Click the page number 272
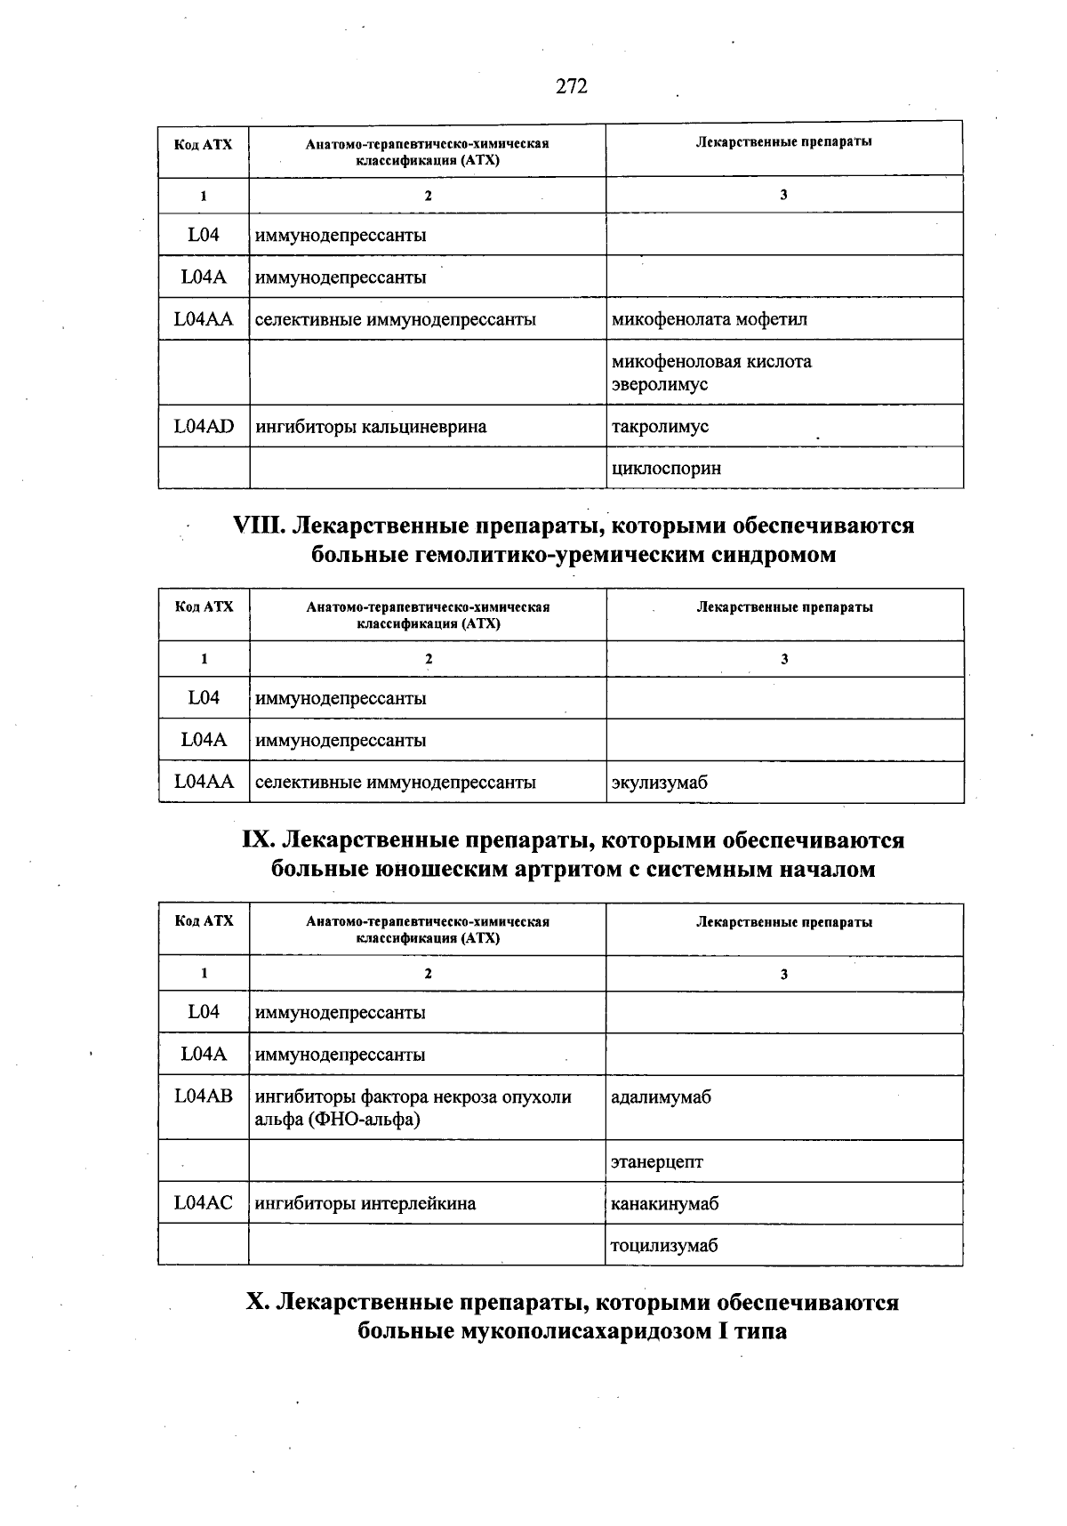coord(572,86)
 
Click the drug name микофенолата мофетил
coord(709,319)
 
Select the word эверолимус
coord(659,385)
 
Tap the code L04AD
coord(204,426)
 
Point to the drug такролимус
coord(660,427)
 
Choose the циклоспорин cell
coord(666,469)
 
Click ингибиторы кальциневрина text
coord(371,427)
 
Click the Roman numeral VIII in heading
coord(258,526)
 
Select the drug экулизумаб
coord(659,783)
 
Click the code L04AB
coord(204,1096)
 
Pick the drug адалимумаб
coord(661,1097)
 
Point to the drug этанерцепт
coord(656,1161)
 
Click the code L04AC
coord(204,1203)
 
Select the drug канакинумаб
coord(664,1204)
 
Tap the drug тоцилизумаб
coord(663,1246)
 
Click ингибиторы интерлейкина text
coord(365,1204)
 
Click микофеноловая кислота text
coord(711,362)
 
